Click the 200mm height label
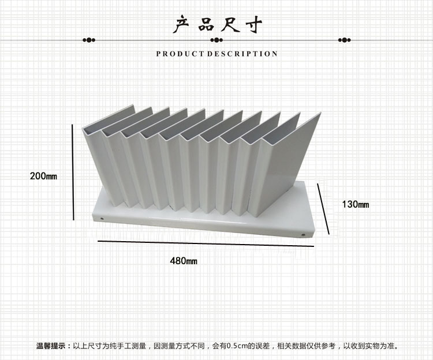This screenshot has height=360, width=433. (43, 176)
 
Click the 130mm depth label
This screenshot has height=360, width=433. (356, 204)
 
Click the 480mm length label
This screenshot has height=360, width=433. (184, 261)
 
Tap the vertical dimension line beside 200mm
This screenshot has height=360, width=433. (73, 172)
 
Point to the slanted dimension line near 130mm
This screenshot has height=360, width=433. (323, 209)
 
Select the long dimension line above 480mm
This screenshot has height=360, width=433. (206, 243)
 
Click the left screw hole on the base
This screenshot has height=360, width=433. (102, 219)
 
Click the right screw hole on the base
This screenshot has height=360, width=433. (304, 235)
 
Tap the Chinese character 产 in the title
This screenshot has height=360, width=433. (181, 24)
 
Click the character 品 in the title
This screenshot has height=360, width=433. (206, 25)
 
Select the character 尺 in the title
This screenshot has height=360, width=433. (230, 25)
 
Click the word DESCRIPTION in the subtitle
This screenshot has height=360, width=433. (242, 54)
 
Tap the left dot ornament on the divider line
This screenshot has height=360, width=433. (89, 40)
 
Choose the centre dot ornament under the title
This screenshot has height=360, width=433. (216, 40)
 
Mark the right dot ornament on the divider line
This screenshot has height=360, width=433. (344, 40)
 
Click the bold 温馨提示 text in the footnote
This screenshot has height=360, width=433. (51, 346)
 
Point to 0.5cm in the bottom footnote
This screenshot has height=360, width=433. (237, 346)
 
